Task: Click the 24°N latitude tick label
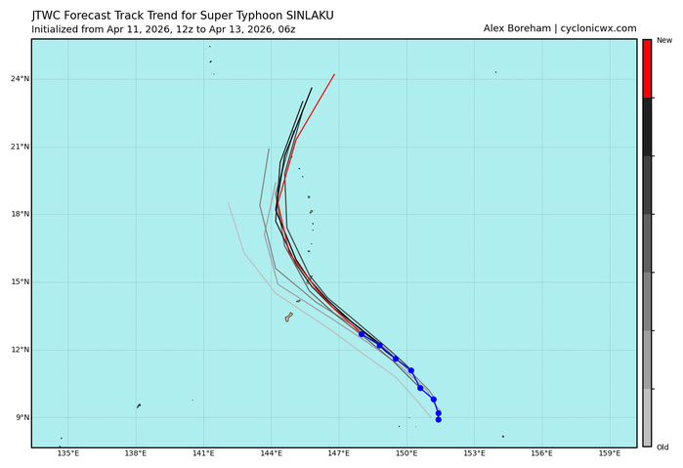click(x=16, y=79)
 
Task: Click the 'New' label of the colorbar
click(x=663, y=40)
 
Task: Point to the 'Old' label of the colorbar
click(x=663, y=447)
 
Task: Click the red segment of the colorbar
click(x=647, y=68)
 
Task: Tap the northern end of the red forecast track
click(x=334, y=74)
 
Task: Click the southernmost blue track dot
click(x=439, y=419)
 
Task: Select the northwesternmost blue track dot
click(x=362, y=334)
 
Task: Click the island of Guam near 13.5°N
click(x=288, y=317)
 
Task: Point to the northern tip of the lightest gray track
click(x=229, y=203)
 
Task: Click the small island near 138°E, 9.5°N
click(x=139, y=405)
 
